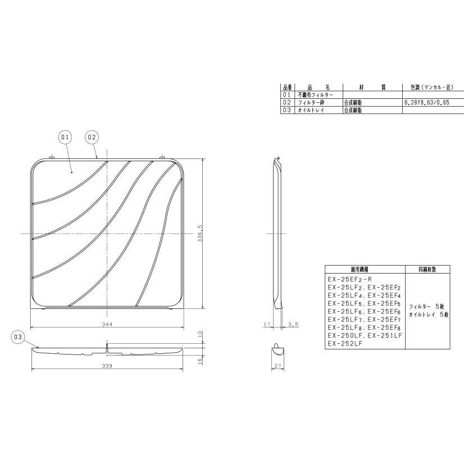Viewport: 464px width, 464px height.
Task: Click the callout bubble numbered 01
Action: point(65,137)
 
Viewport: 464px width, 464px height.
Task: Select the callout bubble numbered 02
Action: point(92,137)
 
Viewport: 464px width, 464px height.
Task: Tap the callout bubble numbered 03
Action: point(19,336)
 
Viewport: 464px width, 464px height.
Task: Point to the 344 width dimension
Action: point(107,325)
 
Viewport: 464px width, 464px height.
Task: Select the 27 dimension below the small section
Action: point(278,366)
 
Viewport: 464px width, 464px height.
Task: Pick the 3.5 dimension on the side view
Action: point(293,325)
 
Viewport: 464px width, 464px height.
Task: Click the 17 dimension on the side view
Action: point(266,325)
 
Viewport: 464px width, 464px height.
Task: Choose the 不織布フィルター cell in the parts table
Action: point(314,95)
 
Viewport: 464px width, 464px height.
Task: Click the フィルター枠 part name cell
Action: point(311,103)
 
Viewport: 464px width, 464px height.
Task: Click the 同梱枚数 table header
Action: point(426,269)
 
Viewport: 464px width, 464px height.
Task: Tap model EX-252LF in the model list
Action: point(342,344)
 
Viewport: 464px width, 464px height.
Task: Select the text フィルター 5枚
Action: point(426,307)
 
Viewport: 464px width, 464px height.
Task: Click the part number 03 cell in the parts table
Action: point(287,111)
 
